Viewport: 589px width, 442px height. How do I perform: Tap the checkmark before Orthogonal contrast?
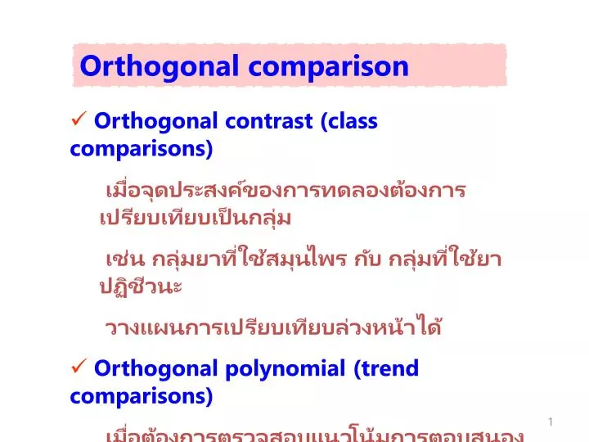click(80, 121)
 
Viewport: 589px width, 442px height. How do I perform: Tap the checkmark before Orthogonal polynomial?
click(80, 368)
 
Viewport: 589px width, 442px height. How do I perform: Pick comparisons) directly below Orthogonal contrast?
click(141, 149)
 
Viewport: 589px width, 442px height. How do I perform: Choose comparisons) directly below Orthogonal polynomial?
click(141, 396)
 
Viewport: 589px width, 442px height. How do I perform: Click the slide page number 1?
click(551, 422)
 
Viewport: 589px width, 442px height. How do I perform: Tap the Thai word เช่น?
click(124, 259)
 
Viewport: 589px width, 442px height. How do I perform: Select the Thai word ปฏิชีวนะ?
click(140, 287)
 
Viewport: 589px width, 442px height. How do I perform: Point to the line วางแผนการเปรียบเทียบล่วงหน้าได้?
click(273, 328)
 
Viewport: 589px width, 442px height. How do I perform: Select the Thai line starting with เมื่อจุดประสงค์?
click(286, 191)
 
